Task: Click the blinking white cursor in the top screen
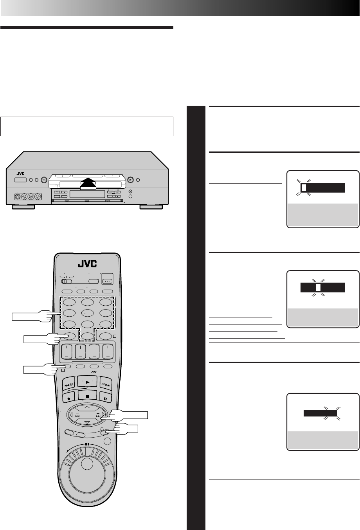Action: [304, 188]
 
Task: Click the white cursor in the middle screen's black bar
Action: [318, 288]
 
